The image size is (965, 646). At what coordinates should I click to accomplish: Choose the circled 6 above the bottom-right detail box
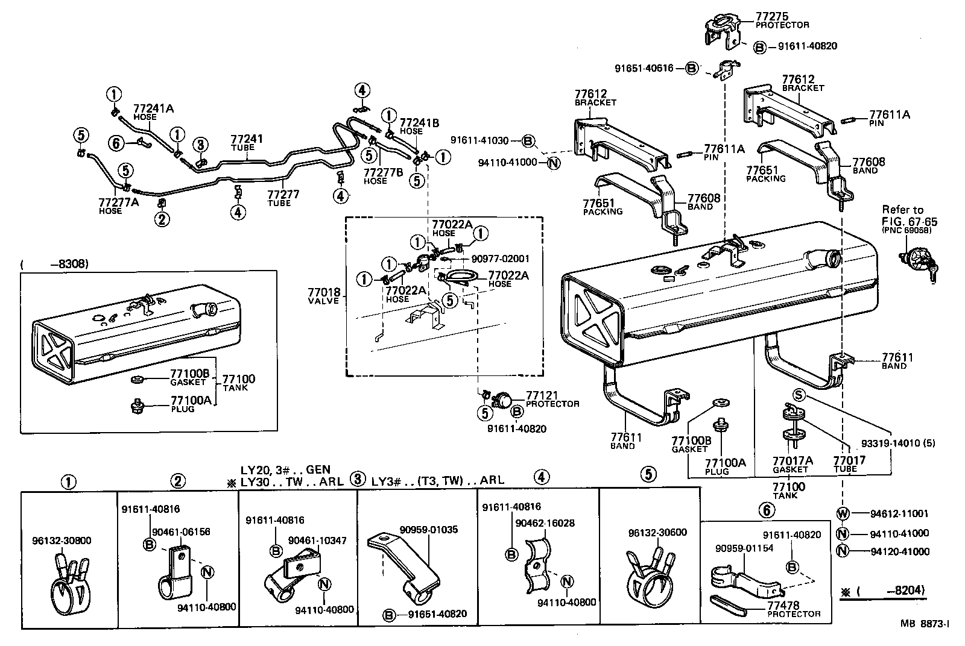click(765, 510)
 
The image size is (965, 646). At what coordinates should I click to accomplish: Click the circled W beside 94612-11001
click(843, 514)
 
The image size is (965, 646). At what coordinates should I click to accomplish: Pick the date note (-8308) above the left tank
click(54, 264)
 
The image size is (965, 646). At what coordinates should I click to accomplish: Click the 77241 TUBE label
click(247, 143)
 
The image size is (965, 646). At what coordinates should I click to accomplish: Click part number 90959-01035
click(428, 530)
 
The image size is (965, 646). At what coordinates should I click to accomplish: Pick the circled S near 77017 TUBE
click(798, 395)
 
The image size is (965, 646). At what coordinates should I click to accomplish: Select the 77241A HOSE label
click(153, 112)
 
